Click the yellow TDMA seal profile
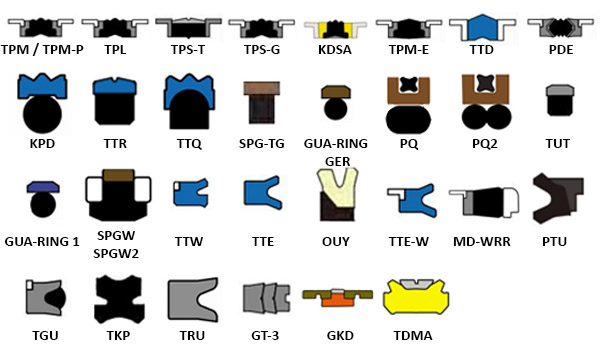coord(416,298)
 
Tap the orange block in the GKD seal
coord(337,300)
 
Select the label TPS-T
coord(188,50)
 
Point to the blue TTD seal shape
coord(482,28)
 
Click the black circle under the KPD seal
coord(42,114)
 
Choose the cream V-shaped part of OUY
coord(337,187)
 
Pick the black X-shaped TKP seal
coord(119,299)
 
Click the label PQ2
coord(484,144)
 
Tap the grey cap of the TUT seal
coord(559,91)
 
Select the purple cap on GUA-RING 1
coord(43,187)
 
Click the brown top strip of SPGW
coord(119,175)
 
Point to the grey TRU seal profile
coord(191,299)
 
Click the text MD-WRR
coord(481,242)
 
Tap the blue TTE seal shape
coord(261,193)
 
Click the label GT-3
coord(265,336)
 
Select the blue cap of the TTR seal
coord(115,86)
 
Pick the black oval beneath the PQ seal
coord(408,120)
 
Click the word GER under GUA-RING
coord(338,161)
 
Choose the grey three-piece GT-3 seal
coord(266,298)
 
